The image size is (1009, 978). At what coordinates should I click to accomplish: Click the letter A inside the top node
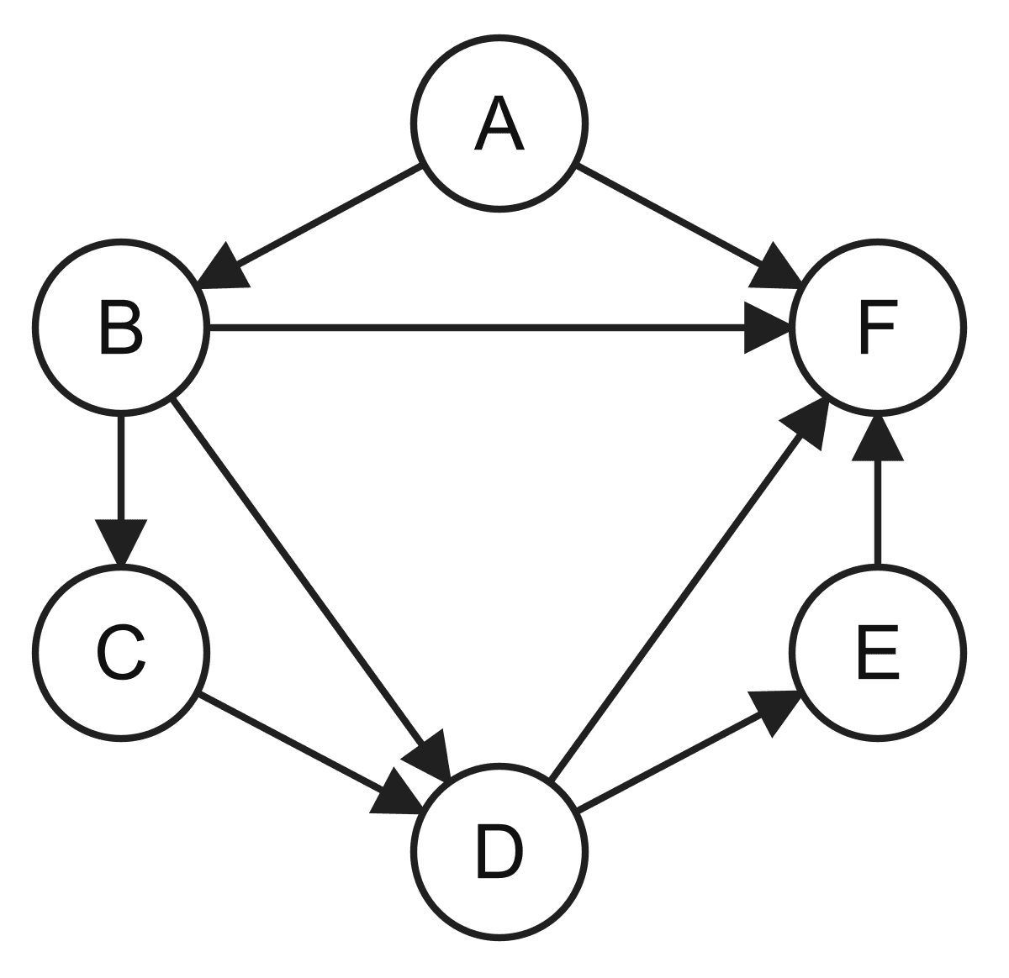[499, 124]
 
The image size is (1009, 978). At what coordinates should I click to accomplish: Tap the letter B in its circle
[121, 328]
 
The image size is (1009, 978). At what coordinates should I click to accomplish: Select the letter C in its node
[121, 653]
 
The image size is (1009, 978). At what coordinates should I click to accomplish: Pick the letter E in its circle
[878, 653]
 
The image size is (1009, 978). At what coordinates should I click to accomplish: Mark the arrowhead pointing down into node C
[121, 543]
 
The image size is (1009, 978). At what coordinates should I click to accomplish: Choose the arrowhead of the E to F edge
[878, 438]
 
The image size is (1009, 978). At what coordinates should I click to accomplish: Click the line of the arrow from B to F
[476, 328]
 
